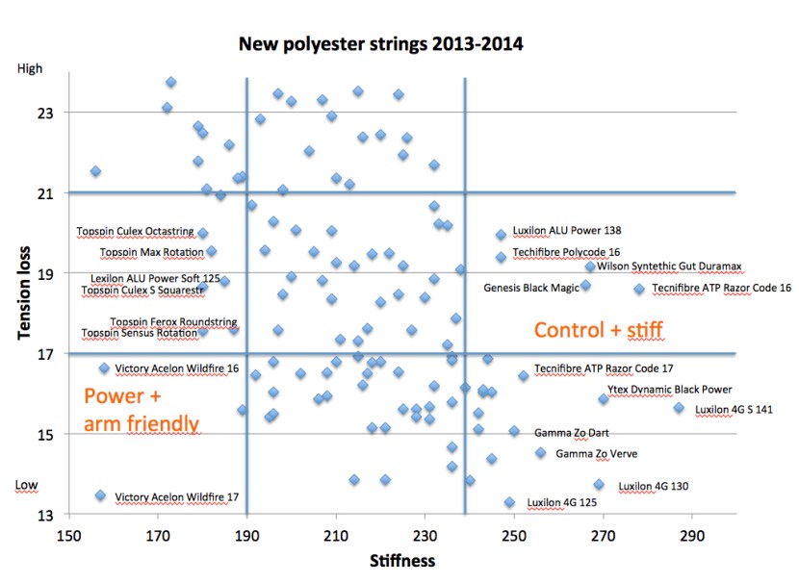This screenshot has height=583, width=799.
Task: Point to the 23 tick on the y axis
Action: click(45, 113)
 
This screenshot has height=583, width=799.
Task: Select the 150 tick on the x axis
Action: click(68, 534)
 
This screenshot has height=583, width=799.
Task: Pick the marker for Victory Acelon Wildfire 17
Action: click(100, 495)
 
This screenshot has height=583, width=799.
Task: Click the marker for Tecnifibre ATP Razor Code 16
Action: click(638, 289)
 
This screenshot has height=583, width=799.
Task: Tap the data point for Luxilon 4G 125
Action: click(509, 502)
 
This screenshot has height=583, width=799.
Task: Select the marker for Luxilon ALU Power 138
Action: click(501, 235)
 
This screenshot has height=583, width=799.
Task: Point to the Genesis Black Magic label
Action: click(531, 287)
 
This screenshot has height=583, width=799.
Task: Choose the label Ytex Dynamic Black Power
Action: click(669, 390)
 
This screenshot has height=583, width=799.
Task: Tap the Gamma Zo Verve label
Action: click(595, 453)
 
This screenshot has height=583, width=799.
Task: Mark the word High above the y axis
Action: click(30, 68)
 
